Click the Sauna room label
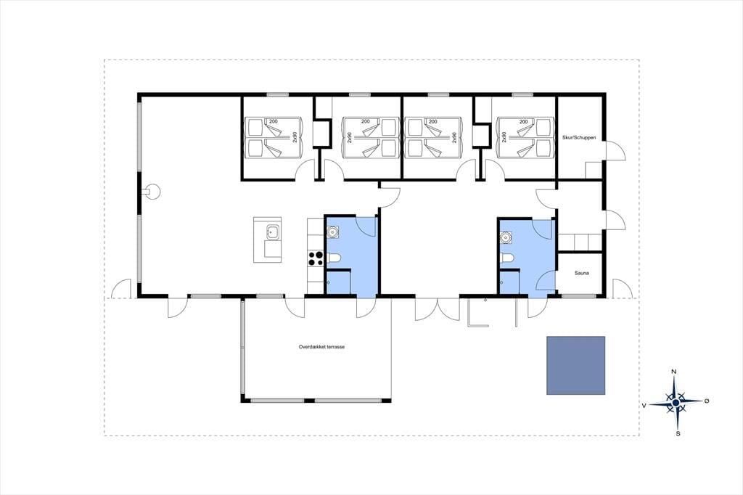pos(581,273)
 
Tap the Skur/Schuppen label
pos(579,137)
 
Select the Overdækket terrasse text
pos(321,347)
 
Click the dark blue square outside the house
pos(575,366)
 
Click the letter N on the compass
pos(674,372)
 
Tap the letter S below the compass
pos(678,433)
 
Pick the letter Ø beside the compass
pos(707,401)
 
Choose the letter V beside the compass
pos(644,406)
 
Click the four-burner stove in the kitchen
pos(316,258)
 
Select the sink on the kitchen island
pos(273,232)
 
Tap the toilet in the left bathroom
pos(334,258)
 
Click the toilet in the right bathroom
pos(507,258)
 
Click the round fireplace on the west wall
pos(154,192)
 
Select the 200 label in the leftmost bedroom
pos(274,122)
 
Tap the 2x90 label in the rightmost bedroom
pos(504,137)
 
